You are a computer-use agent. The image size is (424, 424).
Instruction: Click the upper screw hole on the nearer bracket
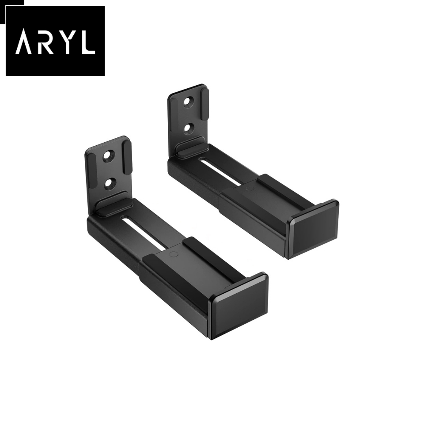108,156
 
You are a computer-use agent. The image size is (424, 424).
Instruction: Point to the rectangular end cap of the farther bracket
314,229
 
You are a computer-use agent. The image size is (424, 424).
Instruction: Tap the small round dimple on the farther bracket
250,187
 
